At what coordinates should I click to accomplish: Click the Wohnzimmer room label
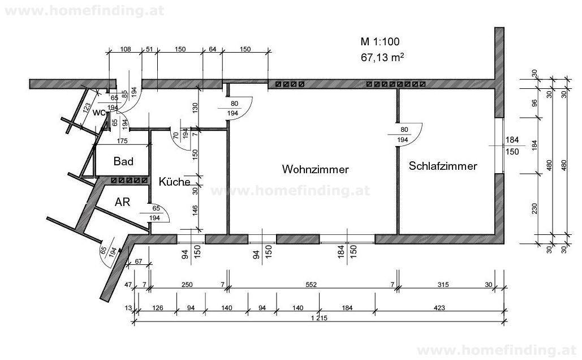pos(316,169)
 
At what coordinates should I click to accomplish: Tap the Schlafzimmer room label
pos(443,166)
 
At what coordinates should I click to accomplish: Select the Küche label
pos(174,182)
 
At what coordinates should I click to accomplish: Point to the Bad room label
pos(123,162)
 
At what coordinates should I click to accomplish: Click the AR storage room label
pos(123,202)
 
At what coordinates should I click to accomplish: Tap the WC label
pos(99,113)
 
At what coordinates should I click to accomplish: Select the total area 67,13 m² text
pos(382,57)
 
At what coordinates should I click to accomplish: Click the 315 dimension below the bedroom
pos(444,285)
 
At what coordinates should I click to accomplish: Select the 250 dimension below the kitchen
pos(186,285)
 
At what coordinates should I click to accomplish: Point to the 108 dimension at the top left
pos(126,49)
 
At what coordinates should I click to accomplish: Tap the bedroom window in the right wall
pos(499,146)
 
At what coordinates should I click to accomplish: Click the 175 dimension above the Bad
pos(120,141)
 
